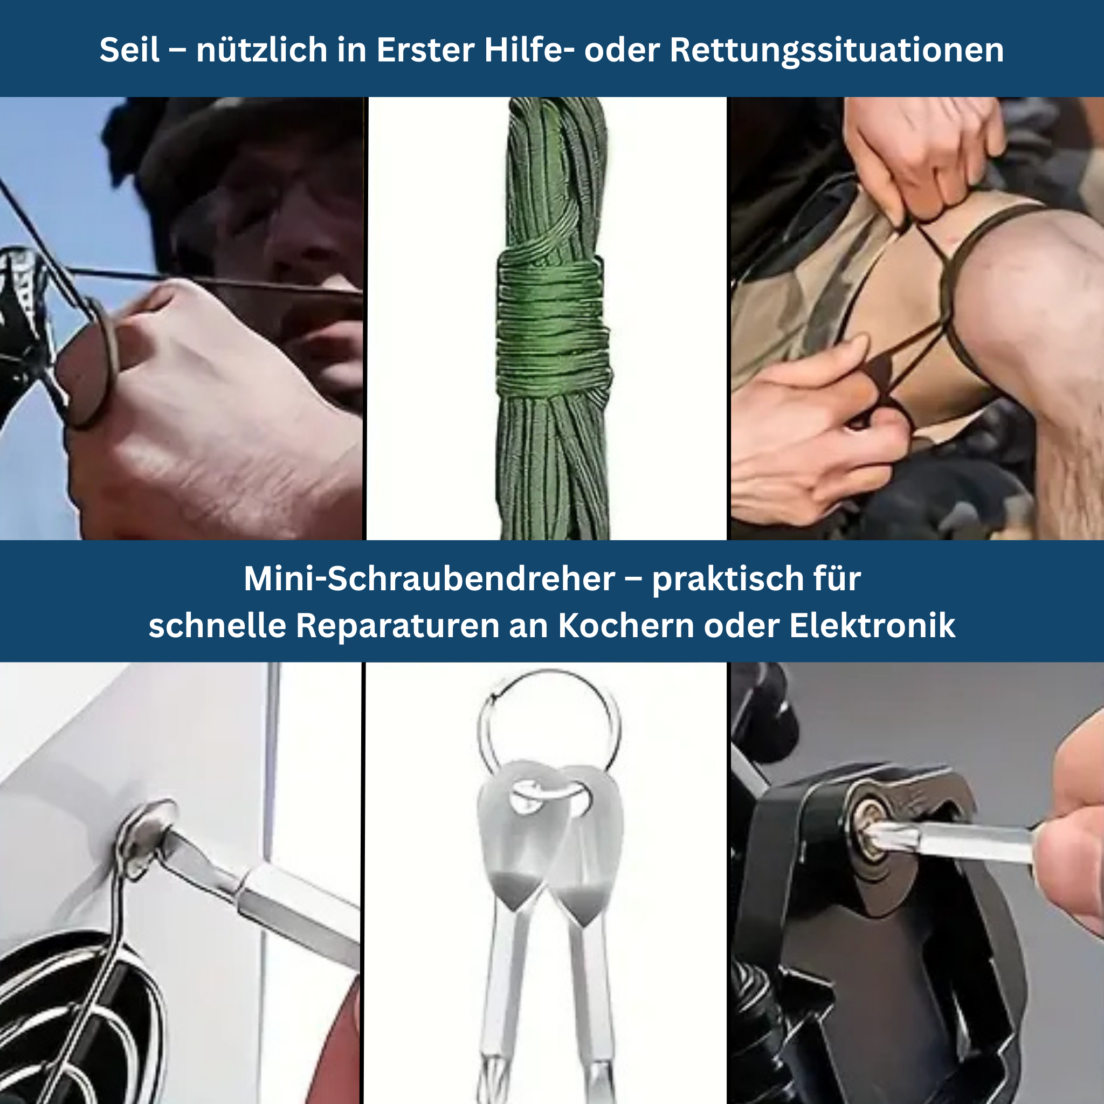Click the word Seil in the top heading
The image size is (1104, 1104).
tap(130, 50)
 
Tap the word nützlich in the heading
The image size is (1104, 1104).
tap(261, 50)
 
